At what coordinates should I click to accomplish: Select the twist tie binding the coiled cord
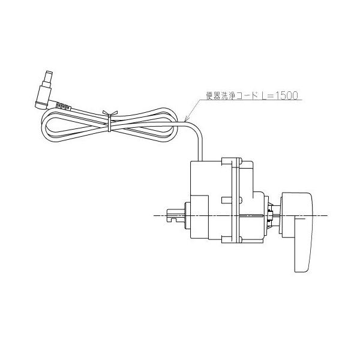click(x=110, y=121)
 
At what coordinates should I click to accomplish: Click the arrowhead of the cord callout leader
click(x=187, y=119)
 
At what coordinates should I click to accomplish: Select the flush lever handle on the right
click(x=297, y=232)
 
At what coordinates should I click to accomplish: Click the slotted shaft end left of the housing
click(x=176, y=215)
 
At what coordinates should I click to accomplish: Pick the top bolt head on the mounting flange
click(x=240, y=161)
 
